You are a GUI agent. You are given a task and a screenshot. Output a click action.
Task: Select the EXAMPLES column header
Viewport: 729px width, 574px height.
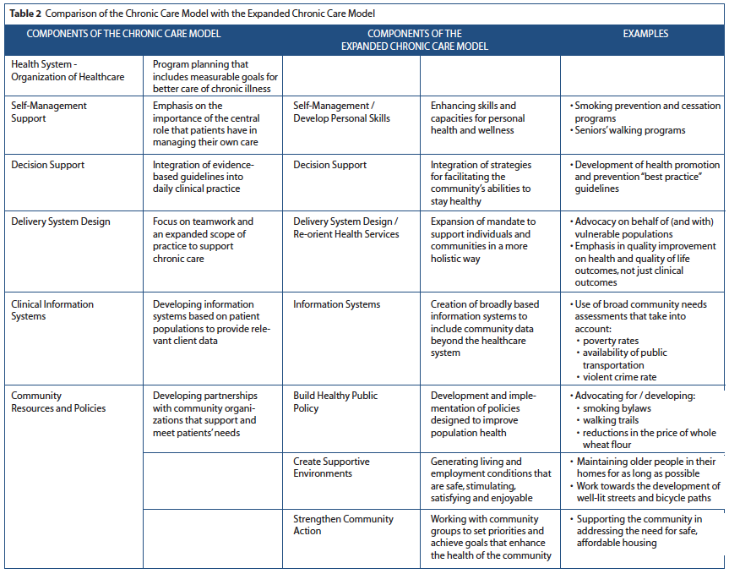click(645, 34)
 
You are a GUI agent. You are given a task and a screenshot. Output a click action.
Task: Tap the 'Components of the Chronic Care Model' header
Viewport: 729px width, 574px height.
click(124, 34)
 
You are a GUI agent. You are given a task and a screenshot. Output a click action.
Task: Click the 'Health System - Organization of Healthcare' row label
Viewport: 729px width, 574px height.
click(68, 70)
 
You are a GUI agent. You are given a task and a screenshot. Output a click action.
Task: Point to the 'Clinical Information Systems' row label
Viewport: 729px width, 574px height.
click(52, 310)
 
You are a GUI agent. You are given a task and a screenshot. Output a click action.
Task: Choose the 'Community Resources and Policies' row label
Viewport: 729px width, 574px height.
click(59, 402)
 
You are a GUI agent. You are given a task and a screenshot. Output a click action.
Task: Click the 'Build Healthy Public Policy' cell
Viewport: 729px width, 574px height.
click(335, 402)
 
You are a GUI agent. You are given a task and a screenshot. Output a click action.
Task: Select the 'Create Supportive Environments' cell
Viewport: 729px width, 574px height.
click(331, 467)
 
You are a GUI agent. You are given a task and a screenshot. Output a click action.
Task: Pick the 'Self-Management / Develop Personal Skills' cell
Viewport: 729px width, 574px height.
click(341, 112)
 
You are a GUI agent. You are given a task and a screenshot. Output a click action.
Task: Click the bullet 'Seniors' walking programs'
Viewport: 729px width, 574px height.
click(629, 130)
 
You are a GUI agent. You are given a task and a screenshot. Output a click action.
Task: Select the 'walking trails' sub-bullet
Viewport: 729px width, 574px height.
click(612, 419)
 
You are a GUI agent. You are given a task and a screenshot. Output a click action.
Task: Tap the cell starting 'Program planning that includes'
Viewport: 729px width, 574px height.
click(215, 76)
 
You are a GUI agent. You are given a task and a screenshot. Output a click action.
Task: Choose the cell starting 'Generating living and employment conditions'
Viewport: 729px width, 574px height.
click(490, 479)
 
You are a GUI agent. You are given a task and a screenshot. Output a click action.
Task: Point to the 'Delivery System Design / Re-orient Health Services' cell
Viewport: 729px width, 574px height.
click(345, 227)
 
